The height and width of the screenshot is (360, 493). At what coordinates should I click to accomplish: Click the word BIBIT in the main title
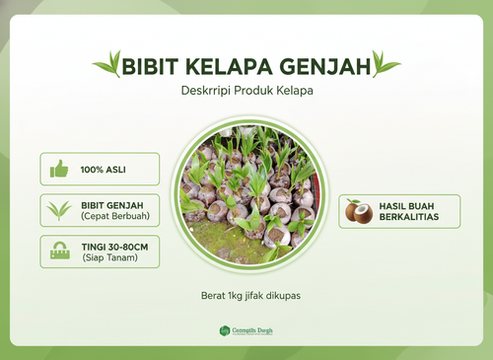[149, 65]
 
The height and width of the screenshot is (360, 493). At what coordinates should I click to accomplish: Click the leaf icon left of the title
[106, 66]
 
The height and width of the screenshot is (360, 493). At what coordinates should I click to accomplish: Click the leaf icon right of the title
[387, 66]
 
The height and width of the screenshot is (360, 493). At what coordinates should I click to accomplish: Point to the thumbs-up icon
[60, 169]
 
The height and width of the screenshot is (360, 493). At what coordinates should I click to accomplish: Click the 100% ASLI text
[105, 169]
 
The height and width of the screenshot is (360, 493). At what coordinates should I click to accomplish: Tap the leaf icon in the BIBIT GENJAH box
[60, 210]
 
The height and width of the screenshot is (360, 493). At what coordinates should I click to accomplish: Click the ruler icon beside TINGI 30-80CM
[60, 252]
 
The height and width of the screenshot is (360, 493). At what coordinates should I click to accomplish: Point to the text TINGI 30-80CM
[115, 246]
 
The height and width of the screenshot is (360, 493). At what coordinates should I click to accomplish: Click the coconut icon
[359, 211]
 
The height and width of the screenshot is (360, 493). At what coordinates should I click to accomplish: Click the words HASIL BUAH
[408, 204]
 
